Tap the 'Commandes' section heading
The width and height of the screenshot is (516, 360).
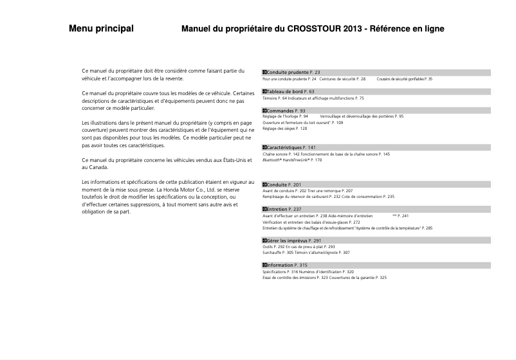click(x=281, y=111)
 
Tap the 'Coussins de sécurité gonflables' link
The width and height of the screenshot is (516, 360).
click(x=401, y=79)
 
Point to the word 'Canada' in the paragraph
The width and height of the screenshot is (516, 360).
click(x=98, y=166)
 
